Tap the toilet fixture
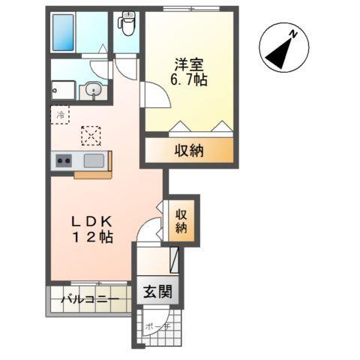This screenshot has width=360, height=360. pyautogui.click(x=127, y=25)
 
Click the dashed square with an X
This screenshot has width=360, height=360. pyautogui.click(x=91, y=135)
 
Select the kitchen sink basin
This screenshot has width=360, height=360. pyautogui.click(x=94, y=160)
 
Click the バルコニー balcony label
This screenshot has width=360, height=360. pyautogui.click(x=89, y=300)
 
